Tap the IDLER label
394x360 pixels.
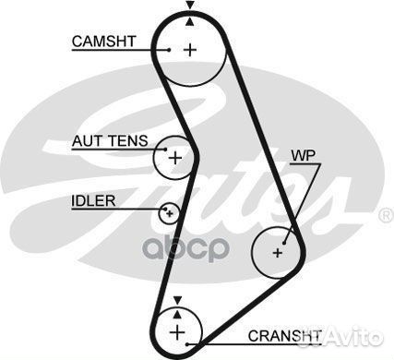[92, 200]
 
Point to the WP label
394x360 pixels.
[303, 155]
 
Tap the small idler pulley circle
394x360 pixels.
[168, 213]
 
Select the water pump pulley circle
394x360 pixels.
[278, 250]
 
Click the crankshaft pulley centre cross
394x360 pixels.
[176, 330]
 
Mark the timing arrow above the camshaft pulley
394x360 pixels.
[190, 6]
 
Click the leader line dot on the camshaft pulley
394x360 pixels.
[170, 49]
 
